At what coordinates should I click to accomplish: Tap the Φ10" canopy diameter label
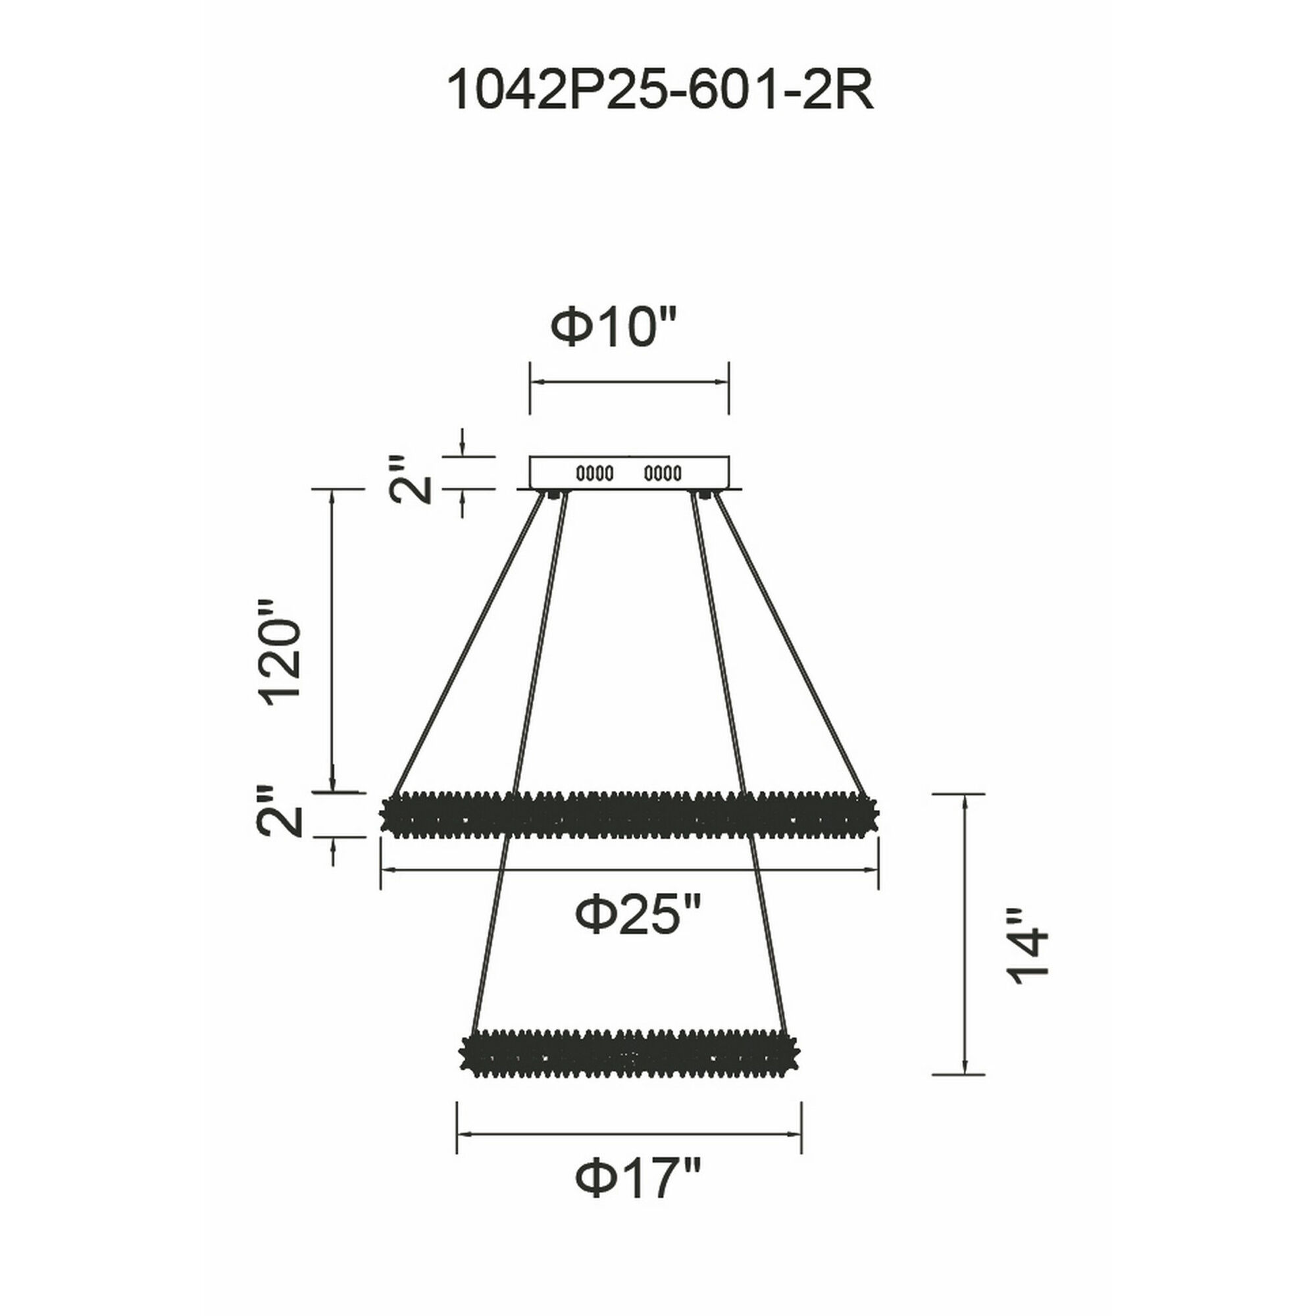pos(615,328)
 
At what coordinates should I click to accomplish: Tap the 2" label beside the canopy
pos(413,480)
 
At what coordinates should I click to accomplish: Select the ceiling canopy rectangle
pos(630,472)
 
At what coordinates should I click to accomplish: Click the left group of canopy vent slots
pos(595,472)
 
